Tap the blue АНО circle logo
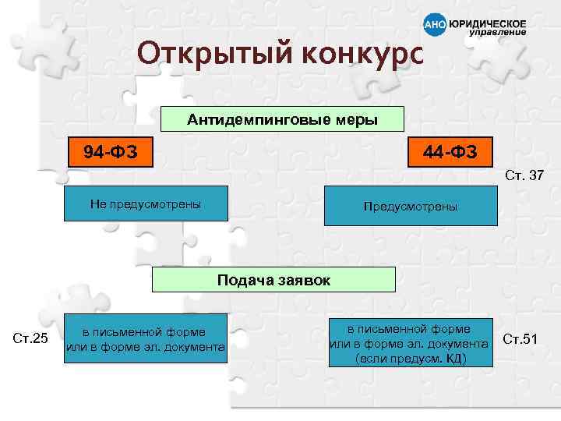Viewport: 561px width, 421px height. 434,27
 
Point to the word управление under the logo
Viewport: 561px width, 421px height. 496,33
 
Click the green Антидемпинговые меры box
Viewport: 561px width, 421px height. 282,120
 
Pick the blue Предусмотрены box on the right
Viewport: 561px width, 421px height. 410,207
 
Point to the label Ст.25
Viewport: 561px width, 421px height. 31,338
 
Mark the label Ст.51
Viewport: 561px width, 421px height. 520,338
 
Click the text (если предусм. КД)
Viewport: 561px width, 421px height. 410,359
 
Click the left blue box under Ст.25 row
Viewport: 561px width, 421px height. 146,338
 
